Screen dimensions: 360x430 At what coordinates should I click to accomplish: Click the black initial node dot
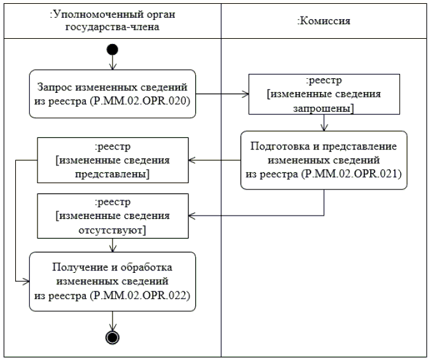tap(113, 49)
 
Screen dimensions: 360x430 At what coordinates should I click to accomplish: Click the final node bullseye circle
tap(113, 336)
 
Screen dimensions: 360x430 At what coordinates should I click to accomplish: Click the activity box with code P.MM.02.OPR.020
tap(112, 93)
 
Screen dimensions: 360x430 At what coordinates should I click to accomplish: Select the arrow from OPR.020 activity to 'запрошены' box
tap(223, 95)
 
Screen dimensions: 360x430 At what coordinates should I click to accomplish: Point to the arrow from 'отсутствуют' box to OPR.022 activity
tap(113, 244)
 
